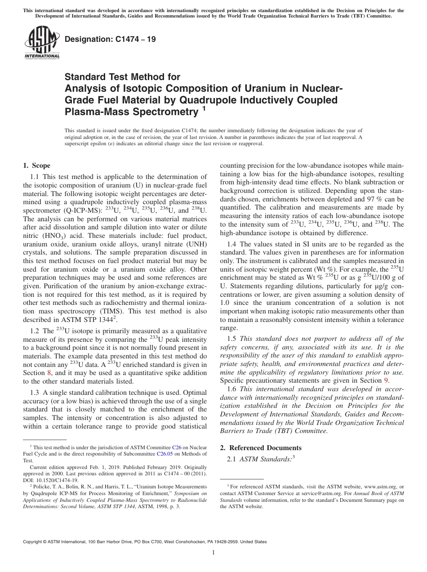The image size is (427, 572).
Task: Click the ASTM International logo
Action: tap(41, 43)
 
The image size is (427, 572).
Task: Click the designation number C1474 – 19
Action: tap(110, 39)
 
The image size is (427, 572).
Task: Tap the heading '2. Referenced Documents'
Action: tap(260, 447)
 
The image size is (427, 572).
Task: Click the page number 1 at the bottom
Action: tap(213, 553)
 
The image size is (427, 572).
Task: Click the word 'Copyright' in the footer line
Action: tap(34, 542)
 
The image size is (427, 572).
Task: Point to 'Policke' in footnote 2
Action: tap(41, 487)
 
